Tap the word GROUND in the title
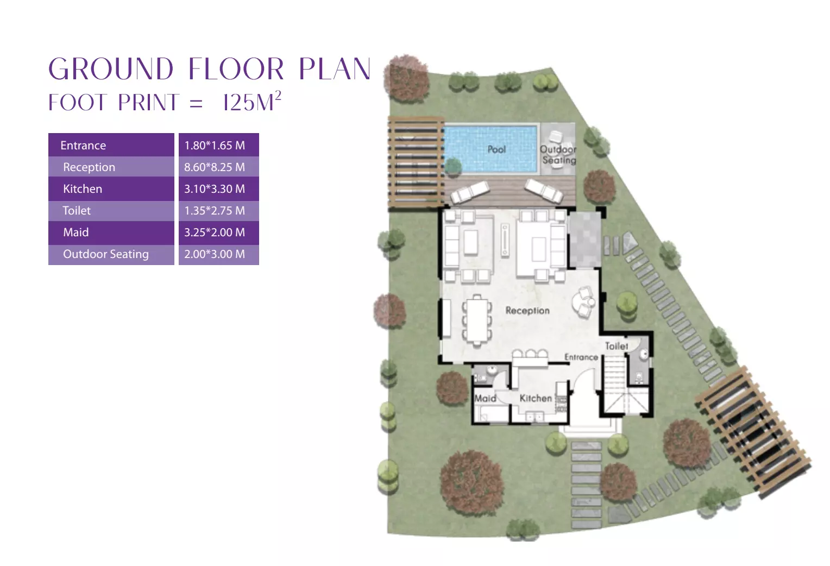(111, 69)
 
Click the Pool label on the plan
(496, 149)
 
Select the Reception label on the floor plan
(527, 310)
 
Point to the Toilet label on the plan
(617, 346)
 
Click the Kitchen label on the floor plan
(536, 398)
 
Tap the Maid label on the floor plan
(485, 398)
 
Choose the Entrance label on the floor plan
(581, 357)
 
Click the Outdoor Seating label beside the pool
(558, 155)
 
